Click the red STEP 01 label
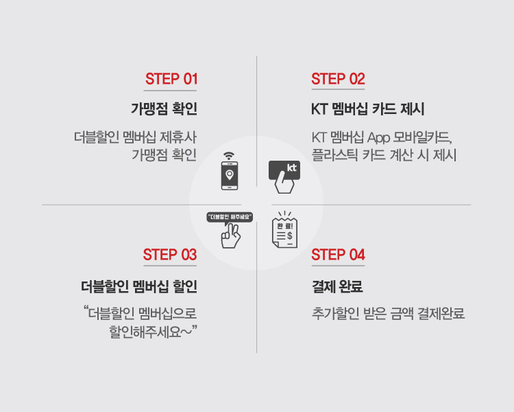171,79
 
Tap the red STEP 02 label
338,79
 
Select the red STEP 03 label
170,255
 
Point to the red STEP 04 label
338,255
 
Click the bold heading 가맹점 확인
164,108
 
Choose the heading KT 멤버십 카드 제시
368,108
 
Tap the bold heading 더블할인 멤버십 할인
138,285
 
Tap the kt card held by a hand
284,175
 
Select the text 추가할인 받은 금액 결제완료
388,314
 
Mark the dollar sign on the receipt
289,235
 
